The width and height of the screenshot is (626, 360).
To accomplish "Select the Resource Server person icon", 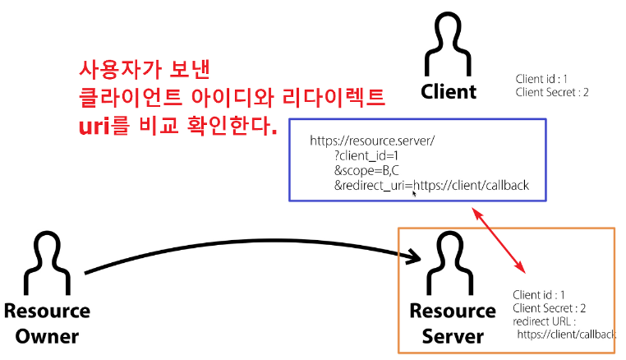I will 451,265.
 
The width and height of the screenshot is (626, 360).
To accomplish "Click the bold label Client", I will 449,90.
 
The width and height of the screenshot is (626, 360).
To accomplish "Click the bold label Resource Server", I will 453,324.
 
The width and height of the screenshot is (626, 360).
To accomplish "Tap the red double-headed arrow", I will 499,239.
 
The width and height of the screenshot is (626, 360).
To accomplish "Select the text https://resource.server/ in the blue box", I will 371,141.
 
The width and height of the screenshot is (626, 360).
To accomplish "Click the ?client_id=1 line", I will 366,156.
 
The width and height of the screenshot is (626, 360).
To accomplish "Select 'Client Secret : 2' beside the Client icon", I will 552,92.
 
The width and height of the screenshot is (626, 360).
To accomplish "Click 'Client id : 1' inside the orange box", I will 538,294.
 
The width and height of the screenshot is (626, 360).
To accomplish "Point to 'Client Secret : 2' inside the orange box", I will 550,307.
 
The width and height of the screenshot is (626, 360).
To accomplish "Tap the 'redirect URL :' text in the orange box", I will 543,321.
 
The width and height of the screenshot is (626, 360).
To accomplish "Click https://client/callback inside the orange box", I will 567,335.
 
